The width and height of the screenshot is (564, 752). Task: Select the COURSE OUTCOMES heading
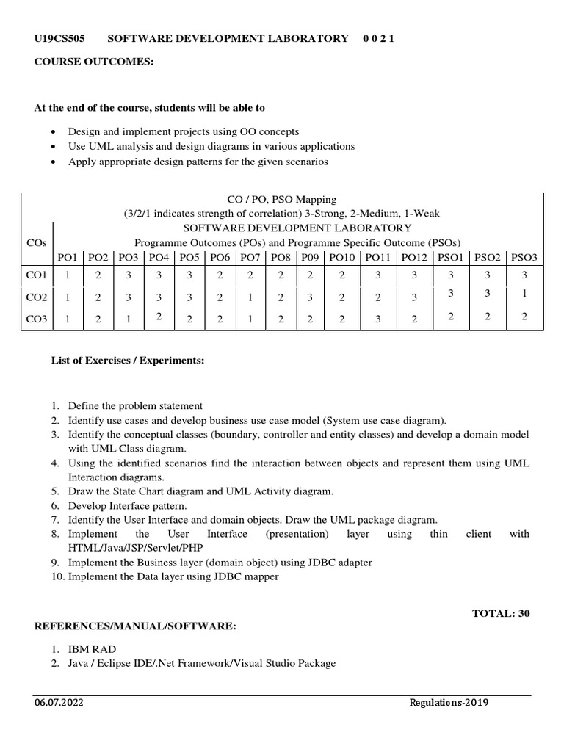coord(94,62)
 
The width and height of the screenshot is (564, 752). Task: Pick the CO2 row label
coord(36,297)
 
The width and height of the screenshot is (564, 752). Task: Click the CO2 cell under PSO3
coord(524,293)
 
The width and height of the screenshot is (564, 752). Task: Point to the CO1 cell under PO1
coord(67,275)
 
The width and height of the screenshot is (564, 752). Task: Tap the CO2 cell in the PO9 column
coord(310,297)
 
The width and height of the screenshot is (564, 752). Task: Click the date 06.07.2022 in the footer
coord(58,702)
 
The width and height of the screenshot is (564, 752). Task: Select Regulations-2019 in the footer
coord(449,702)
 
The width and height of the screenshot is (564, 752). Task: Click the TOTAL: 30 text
coord(500,613)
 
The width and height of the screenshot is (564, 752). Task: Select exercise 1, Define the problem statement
coord(135,405)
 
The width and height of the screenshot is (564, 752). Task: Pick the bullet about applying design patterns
coord(198,162)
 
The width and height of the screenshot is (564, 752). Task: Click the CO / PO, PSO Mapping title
coord(282,199)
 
